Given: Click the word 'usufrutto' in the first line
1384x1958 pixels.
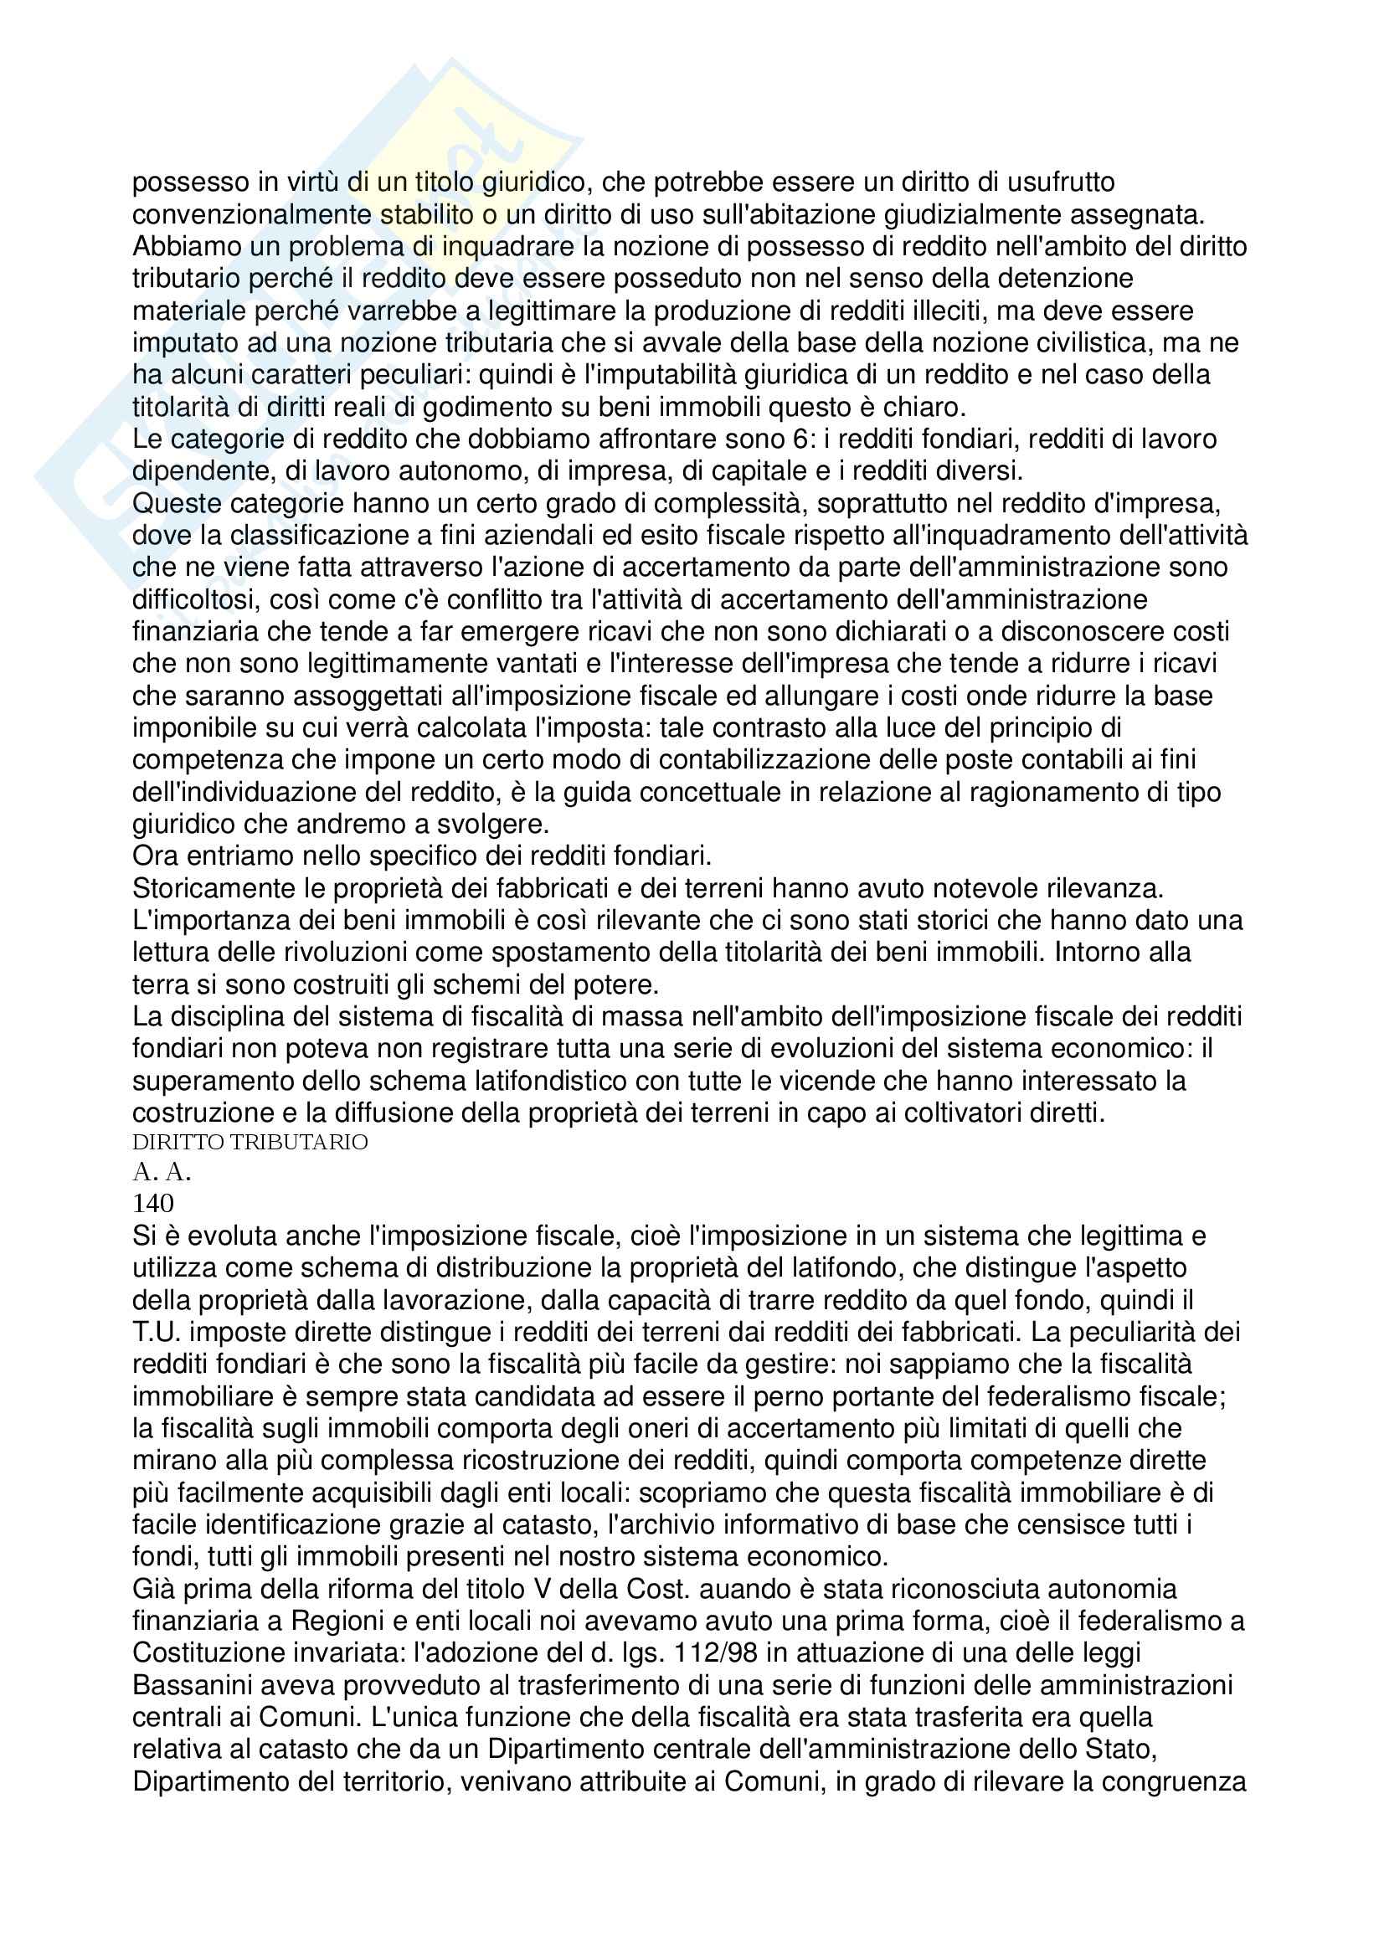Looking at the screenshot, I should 1052,182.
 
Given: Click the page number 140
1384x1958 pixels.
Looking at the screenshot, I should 153,1202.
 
